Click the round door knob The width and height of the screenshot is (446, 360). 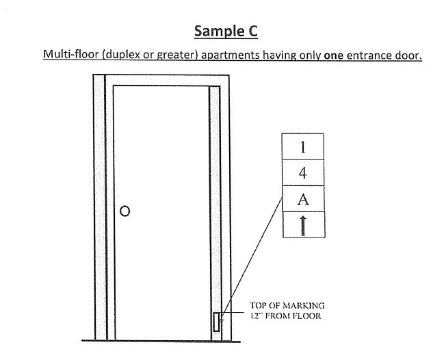[x=125, y=211]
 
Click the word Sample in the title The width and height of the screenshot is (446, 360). [x=219, y=31]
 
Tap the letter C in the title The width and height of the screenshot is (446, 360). [x=252, y=31]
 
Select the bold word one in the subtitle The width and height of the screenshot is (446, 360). [x=334, y=55]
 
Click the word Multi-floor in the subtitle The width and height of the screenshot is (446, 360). [x=71, y=54]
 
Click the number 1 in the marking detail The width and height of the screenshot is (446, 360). [x=302, y=147]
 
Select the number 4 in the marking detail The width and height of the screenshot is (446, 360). [x=303, y=172]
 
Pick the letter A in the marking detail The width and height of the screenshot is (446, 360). [x=303, y=199]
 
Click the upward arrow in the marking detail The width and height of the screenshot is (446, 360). [x=303, y=226]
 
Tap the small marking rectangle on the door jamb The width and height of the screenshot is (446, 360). [x=217, y=322]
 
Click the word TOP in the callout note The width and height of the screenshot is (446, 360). [x=259, y=306]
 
